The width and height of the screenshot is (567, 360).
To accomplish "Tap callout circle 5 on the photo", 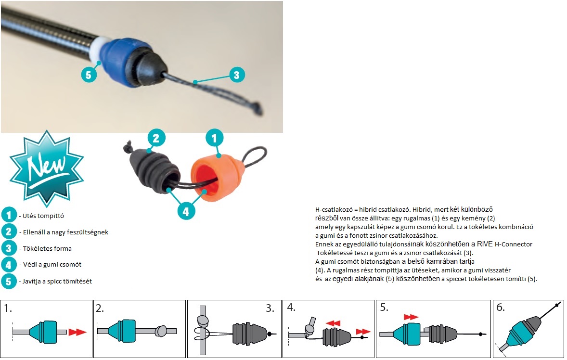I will click(89, 75).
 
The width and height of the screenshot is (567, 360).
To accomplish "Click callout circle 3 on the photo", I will click(236, 75).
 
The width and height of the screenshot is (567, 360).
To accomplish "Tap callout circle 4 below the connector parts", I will click(186, 212).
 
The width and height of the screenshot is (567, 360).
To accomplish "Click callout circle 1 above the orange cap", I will click(214, 138).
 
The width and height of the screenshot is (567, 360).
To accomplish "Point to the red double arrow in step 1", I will click(77, 332).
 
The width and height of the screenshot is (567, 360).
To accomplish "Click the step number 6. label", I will click(500, 308).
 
